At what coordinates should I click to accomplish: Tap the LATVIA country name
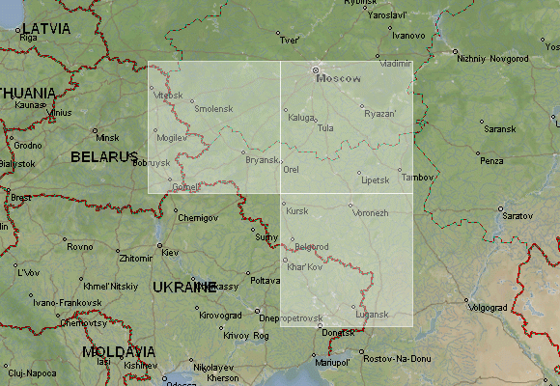click(x=44, y=29)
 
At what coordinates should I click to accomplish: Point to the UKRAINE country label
click(x=184, y=287)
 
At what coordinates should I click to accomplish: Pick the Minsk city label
click(x=107, y=138)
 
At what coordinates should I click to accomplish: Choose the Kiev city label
click(x=170, y=253)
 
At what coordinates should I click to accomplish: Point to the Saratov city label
click(x=517, y=215)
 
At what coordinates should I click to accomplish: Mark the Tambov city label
click(x=418, y=178)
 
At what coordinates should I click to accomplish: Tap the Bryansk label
click(x=263, y=160)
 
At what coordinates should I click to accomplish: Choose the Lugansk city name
click(x=372, y=315)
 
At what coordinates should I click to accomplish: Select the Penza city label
click(x=491, y=160)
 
